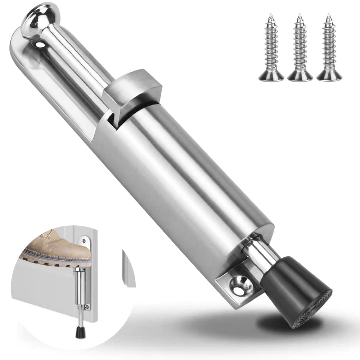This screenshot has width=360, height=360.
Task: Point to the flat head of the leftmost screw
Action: (x=270, y=77)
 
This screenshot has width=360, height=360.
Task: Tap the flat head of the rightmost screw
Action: (x=328, y=77)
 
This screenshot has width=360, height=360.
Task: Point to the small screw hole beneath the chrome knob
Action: (x=40, y=44)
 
